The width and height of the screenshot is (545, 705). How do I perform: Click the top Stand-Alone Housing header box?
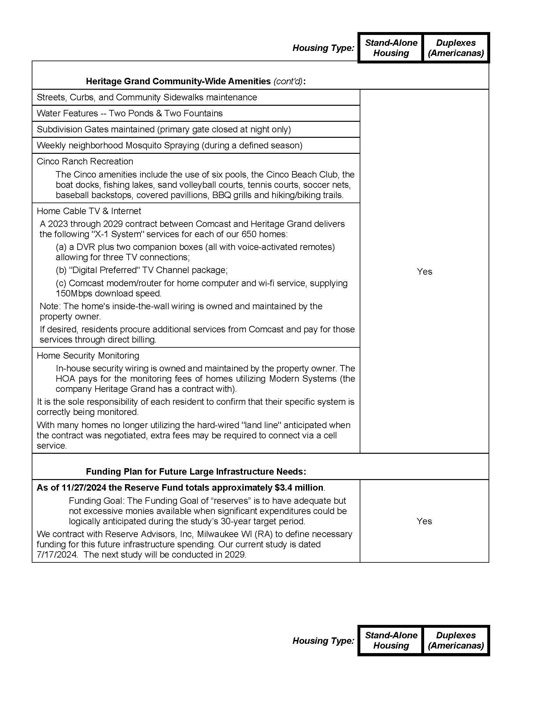[391, 48]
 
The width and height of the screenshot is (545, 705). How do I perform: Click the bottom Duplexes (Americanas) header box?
[456, 641]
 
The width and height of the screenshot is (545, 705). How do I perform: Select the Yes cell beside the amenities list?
[424, 271]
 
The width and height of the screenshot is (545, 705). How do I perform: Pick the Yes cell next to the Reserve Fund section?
[424, 521]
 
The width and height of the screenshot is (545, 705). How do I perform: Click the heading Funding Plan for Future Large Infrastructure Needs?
[196, 471]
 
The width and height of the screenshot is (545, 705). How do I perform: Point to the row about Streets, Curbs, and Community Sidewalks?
[147, 97]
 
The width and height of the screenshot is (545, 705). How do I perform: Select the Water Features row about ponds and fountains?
[130, 113]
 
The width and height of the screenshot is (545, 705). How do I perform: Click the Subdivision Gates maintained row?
[164, 129]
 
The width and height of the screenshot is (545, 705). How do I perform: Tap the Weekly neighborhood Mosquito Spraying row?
[170, 145]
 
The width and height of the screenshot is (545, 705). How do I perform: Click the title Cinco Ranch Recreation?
[85, 161]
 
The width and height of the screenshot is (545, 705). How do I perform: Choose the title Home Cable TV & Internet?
[89, 211]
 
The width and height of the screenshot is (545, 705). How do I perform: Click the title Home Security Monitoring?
[88, 355]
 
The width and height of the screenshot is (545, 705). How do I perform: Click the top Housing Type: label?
[323, 48]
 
